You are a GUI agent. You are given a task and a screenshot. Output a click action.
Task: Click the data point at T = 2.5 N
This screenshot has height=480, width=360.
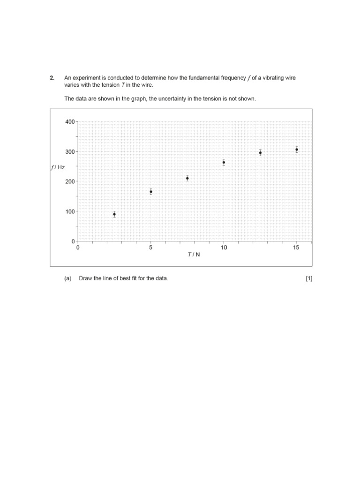tap(114, 214)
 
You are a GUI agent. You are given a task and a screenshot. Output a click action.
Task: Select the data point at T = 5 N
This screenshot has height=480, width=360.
tap(151, 192)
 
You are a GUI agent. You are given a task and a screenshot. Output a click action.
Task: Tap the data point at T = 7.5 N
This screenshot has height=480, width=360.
tap(187, 178)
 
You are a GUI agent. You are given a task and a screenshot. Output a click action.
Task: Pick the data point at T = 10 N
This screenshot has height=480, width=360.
tap(224, 162)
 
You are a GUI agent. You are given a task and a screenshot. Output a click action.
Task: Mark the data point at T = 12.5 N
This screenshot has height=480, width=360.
tap(260, 153)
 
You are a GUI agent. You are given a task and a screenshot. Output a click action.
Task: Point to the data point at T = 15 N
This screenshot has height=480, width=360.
tap(297, 150)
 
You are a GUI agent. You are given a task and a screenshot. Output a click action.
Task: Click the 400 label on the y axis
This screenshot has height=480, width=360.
tap(70, 121)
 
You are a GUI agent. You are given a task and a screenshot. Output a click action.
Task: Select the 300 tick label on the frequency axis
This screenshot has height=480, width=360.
tap(70, 151)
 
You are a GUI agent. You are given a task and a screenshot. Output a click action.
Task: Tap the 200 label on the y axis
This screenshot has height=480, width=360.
tap(70, 181)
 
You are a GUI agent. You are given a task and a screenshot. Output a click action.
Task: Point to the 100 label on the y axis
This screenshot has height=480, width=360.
tap(70, 211)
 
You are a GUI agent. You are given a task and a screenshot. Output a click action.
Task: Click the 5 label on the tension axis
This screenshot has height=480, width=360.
tap(151, 248)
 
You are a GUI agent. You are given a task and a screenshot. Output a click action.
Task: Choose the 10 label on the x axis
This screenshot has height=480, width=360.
tap(224, 248)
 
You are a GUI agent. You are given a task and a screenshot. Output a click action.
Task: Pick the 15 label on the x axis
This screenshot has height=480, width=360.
tap(296, 248)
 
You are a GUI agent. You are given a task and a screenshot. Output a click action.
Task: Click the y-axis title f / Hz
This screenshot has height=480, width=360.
tap(58, 167)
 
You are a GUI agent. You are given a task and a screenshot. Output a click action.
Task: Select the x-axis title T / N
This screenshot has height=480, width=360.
tap(194, 255)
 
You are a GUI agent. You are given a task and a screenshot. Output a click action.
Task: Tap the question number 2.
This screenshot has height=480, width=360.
tap(52, 78)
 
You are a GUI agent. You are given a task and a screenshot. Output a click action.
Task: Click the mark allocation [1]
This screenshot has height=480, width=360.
tap(309, 278)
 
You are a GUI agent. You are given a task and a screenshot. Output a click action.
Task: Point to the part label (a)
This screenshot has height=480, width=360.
tap(68, 278)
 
